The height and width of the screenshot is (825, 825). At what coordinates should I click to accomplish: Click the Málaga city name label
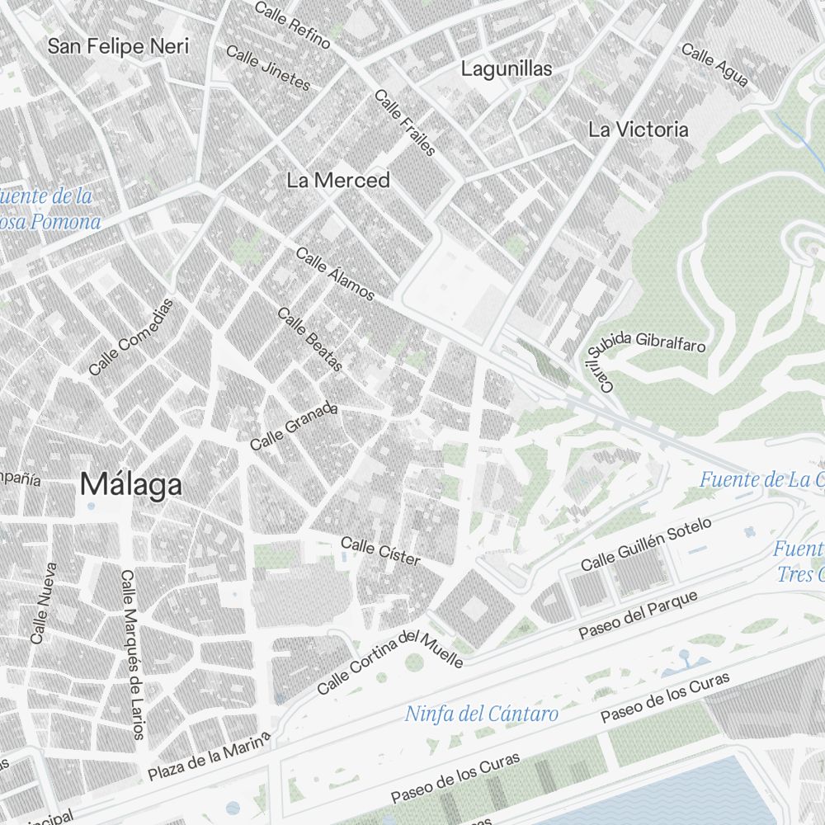(130, 485)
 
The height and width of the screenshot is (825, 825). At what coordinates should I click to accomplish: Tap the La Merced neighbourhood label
(338, 180)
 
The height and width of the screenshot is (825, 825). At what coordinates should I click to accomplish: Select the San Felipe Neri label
(118, 45)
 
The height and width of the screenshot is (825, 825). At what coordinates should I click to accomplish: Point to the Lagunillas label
(507, 68)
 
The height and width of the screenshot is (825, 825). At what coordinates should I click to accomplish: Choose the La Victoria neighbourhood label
(638, 130)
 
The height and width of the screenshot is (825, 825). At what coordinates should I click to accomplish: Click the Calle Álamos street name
(335, 273)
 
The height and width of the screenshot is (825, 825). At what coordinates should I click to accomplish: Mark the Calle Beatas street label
(309, 339)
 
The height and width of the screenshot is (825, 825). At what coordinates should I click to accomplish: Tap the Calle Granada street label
(295, 427)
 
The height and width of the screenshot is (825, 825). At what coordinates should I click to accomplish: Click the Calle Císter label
(380, 552)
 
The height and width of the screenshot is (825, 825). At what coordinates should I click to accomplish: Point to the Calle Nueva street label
(43, 603)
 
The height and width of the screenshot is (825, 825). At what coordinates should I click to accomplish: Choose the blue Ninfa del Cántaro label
(482, 714)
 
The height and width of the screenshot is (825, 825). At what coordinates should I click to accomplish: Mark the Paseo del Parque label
(638, 615)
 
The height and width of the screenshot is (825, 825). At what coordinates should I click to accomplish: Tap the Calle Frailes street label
(405, 122)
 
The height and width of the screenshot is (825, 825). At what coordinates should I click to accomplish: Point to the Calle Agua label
(715, 65)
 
